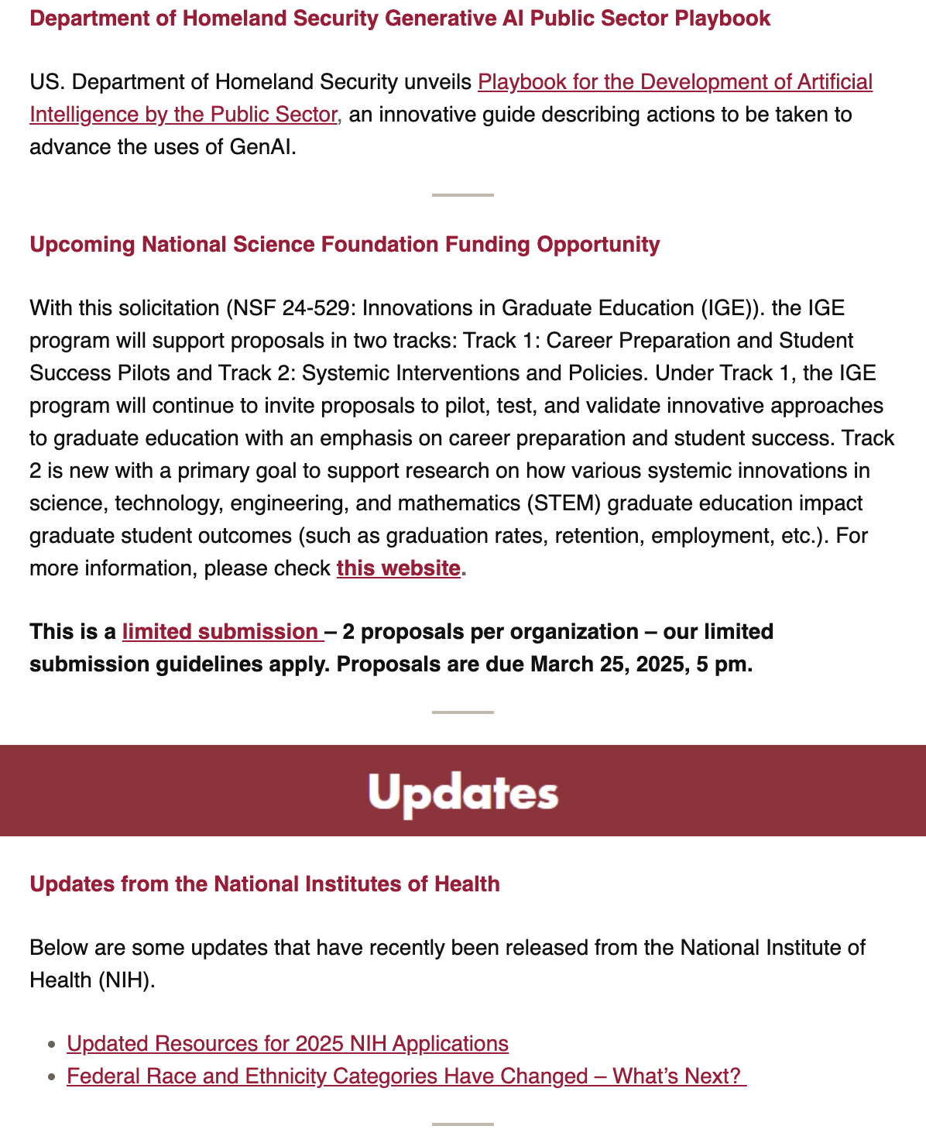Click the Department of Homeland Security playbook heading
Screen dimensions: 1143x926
point(400,19)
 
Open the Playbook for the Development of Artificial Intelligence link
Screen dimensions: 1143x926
point(674,82)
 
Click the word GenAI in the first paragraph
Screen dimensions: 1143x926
point(262,147)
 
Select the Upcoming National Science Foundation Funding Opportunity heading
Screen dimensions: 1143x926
point(345,245)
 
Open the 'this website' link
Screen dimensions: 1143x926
point(398,568)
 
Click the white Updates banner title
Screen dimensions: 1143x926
point(463,792)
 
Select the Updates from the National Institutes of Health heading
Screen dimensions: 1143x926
point(264,884)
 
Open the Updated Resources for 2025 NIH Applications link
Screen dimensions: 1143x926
point(287,1044)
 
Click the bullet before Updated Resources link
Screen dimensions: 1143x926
point(52,1045)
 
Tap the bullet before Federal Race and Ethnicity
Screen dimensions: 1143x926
point(52,1077)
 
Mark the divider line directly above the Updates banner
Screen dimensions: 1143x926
point(463,712)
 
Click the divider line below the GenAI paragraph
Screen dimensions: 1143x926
point(463,195)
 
